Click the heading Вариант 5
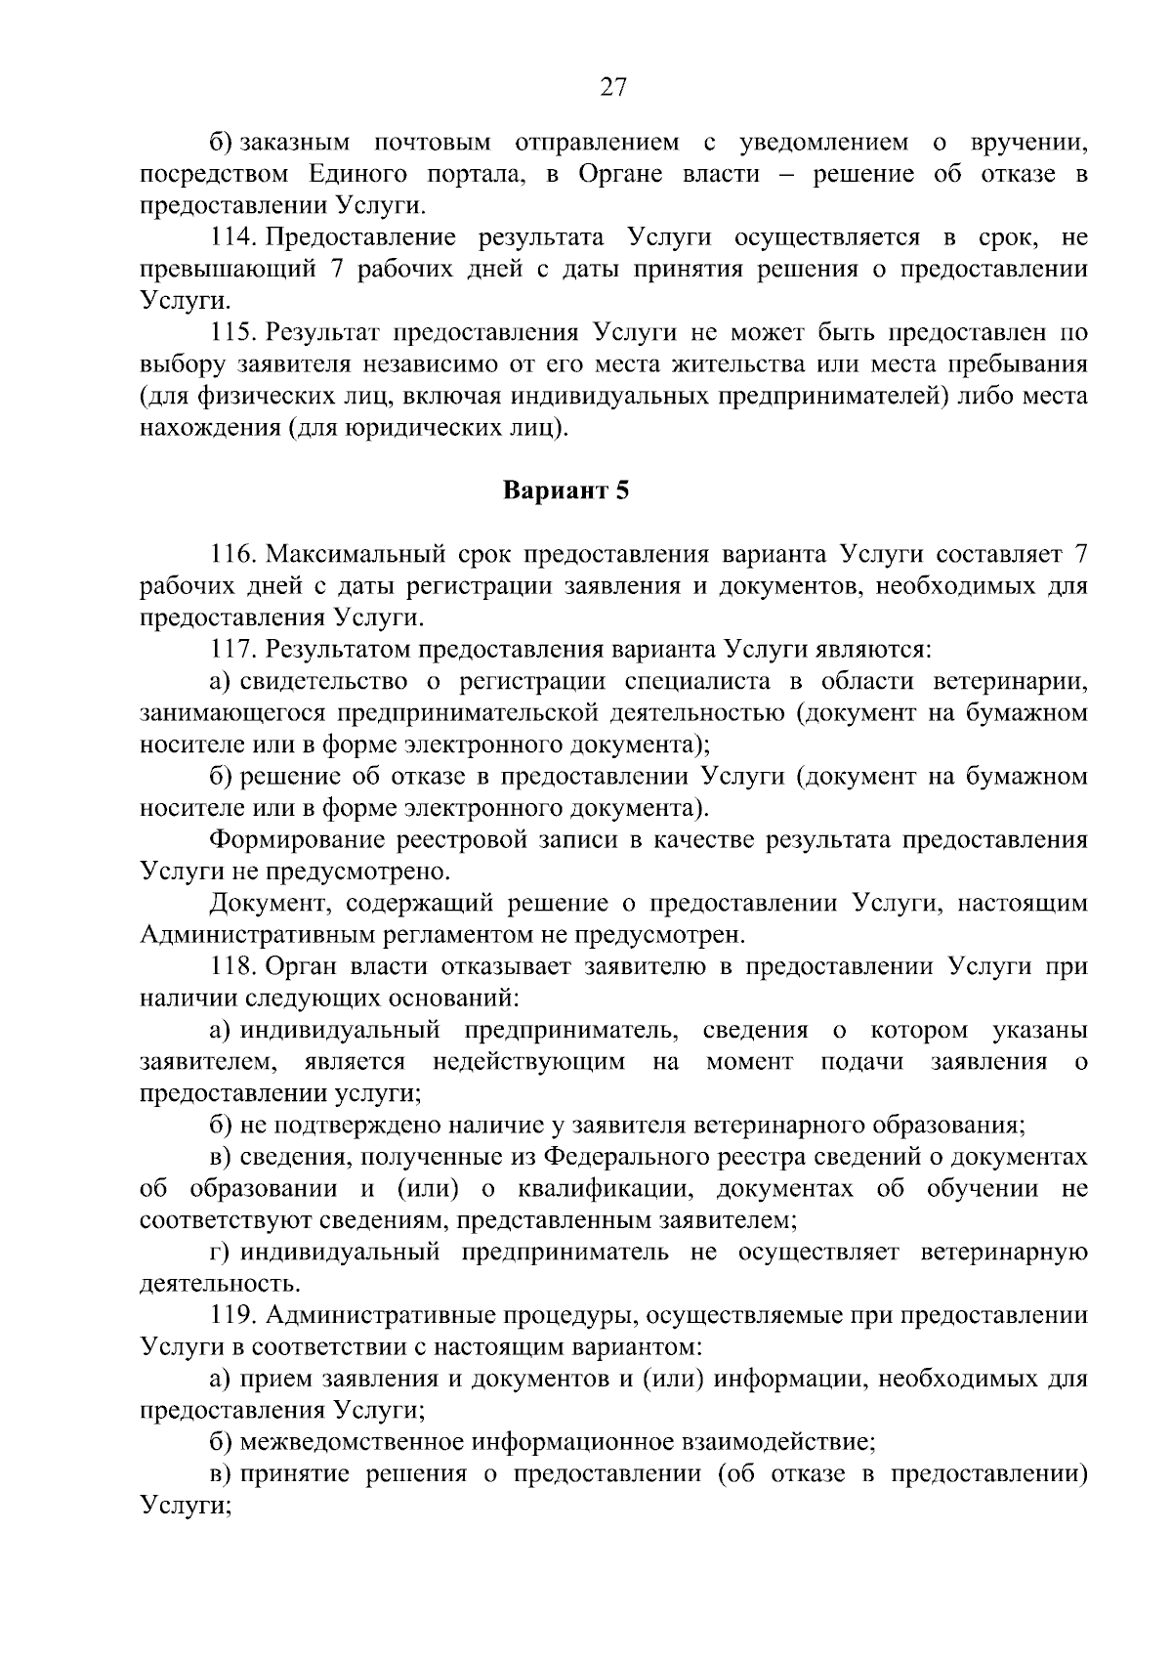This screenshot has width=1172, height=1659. (x=565, y=490)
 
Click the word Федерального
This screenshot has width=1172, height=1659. (x=619, y=1158)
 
